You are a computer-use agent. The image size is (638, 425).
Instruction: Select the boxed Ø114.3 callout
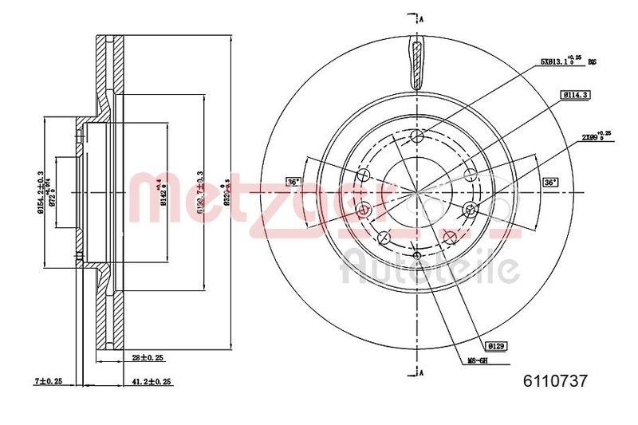574,95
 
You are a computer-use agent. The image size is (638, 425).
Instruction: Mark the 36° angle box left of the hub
293,182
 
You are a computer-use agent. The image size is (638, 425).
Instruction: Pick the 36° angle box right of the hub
549,182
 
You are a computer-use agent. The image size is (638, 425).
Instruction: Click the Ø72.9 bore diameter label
54,192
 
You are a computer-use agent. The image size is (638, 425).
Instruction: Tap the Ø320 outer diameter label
229,192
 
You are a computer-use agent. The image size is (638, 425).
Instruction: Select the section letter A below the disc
420,373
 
